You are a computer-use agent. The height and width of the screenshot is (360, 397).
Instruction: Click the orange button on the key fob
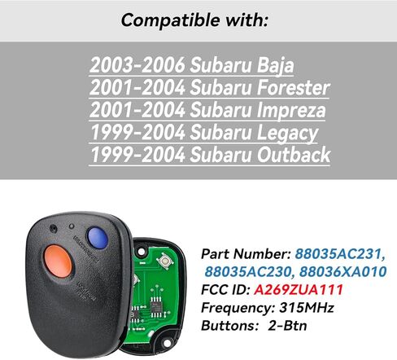(58, 261)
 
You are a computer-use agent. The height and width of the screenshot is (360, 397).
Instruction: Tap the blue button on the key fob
(97, 238)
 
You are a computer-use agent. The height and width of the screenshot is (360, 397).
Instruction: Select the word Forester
(293, 87)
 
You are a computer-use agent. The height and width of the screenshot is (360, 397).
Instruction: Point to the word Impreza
(291, 111)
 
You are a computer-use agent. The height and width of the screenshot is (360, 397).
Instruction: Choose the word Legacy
(287, 133)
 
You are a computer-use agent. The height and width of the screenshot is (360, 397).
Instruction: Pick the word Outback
(294, 155)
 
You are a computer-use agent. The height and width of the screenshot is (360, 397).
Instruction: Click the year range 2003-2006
(137, 65)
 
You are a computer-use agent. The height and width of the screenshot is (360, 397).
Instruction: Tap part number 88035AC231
(340, 254)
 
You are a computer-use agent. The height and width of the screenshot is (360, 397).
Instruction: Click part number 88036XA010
(342, 272)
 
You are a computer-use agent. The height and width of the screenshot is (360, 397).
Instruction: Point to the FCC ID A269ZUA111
(299, 290)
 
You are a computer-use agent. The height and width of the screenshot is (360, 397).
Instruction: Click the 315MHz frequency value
(307, 308)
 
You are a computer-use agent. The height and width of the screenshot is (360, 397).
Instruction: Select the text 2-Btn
(287, 326)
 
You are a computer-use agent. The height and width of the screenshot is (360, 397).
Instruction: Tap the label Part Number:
(246, 254)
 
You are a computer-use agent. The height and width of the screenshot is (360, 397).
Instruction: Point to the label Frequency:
(238, 308)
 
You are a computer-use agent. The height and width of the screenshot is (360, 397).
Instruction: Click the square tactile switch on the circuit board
(164, 261)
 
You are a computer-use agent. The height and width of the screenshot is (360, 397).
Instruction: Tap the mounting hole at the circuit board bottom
(167, 344)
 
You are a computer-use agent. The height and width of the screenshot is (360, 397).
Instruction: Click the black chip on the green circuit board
(155, 307)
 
